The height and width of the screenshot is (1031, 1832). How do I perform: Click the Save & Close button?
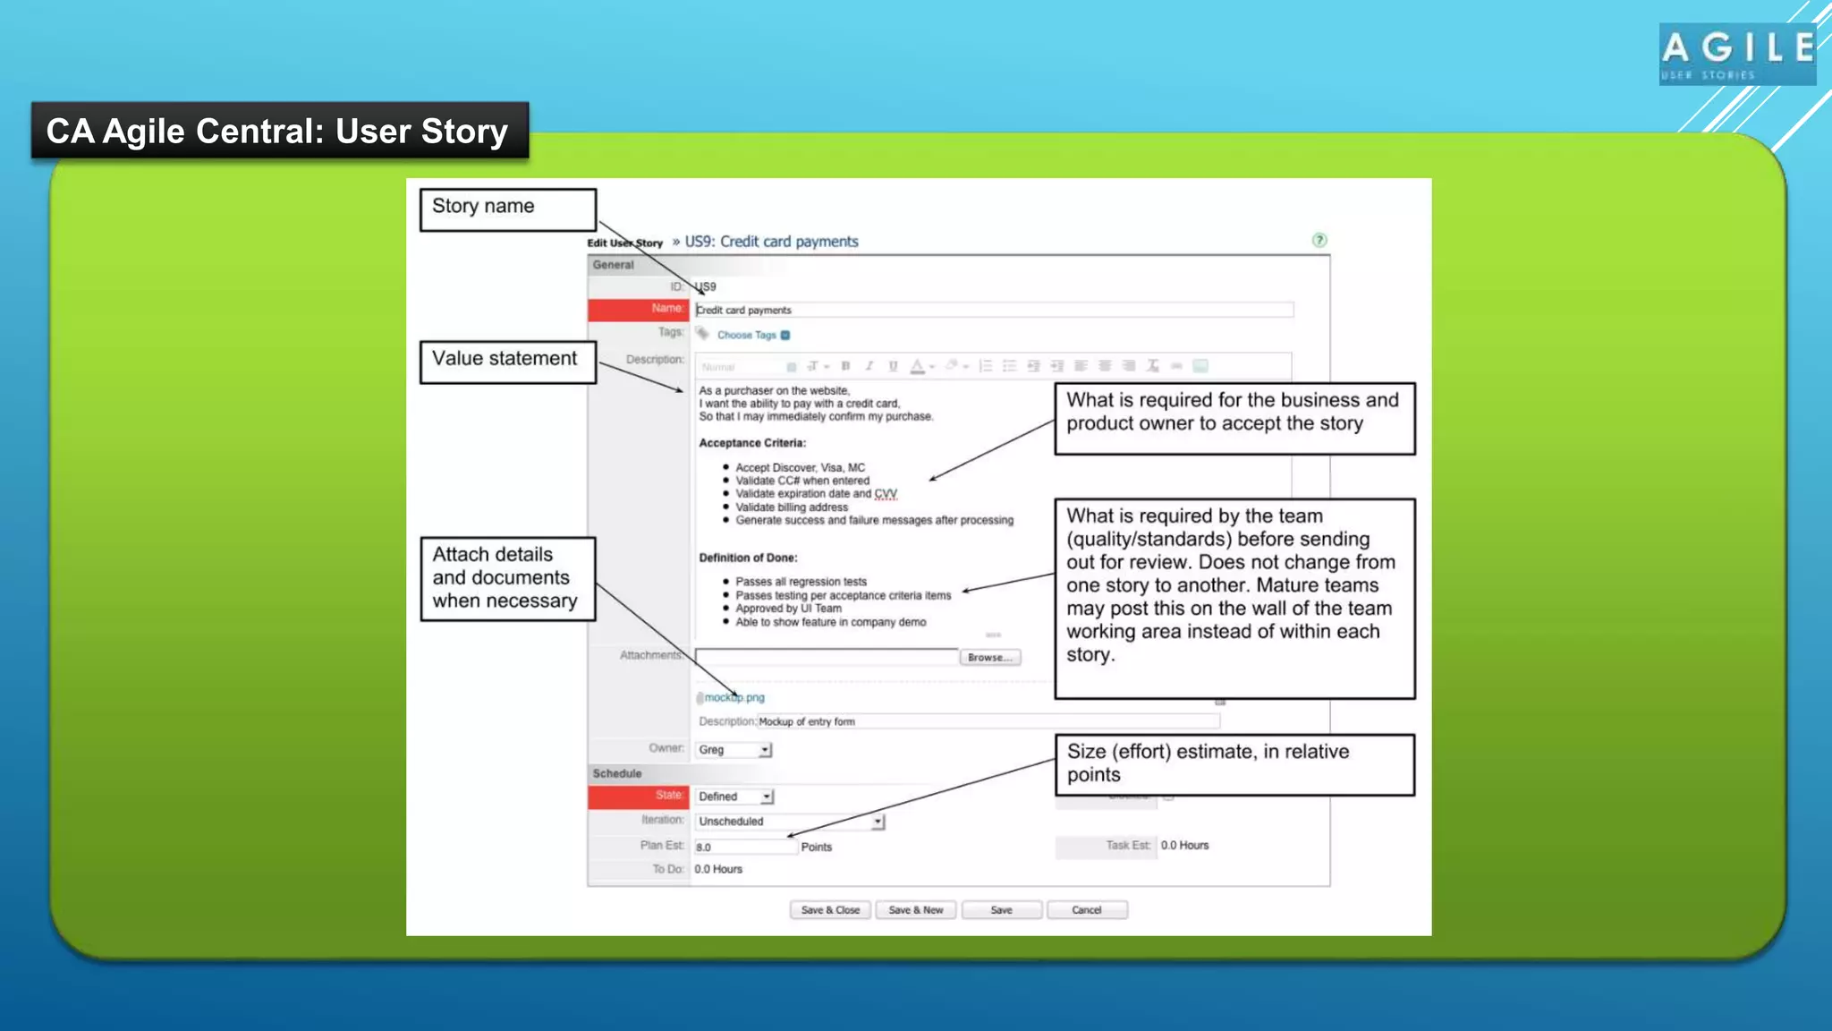[830, 910]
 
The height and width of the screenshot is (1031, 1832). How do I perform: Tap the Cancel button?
[1087, 910]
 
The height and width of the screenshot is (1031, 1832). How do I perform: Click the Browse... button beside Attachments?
[989, 657]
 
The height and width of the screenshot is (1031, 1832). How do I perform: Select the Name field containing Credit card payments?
[993, 310]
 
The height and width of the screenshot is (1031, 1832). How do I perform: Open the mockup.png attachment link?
[734, 697]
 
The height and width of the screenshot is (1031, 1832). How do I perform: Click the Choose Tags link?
[747, 335]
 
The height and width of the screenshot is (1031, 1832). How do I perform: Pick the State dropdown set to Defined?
[734, 797]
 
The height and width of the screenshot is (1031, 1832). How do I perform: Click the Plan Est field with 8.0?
[744, 847]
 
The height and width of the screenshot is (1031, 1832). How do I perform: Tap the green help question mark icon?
[1319, 240]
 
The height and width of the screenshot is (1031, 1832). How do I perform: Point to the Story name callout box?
[507, 209]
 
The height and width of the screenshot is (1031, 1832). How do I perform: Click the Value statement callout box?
[507, 362]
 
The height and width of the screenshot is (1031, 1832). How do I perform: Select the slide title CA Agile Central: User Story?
[279, 131]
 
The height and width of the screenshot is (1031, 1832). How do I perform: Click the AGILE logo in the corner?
[1737, 54]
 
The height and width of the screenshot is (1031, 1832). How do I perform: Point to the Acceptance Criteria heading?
[752, 443]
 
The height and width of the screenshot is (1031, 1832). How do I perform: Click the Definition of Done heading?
[748, 558]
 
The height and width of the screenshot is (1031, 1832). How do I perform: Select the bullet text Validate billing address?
[792, 507]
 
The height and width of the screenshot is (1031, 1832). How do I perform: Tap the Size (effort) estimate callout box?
[1234, 764]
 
